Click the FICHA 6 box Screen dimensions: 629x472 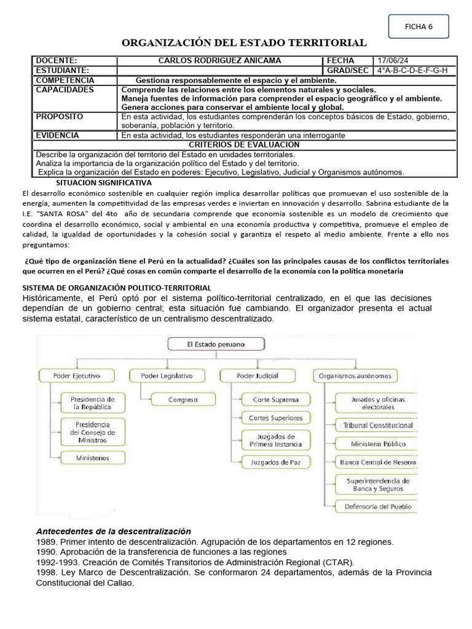(x=419, y=26)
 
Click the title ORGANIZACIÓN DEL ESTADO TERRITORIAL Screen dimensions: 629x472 (x=244, y=42)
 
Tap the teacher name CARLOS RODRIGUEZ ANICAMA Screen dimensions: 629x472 (x=219, y=61)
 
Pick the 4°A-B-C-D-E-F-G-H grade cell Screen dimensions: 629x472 (x=412, y=71)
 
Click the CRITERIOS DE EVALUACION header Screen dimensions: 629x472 (x=244, y=144)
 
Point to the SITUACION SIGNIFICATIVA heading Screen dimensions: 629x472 (x=103, y=183)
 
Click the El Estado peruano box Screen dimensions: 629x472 (x=216, y=345)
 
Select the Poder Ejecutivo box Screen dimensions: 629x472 (x=77, y=375)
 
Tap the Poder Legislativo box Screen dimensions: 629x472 (x=167, y=375)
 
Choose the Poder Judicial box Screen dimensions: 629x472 (x=258, y=375)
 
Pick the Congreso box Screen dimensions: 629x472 (x=183, y=400)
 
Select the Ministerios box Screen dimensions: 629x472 (x=93, y=458)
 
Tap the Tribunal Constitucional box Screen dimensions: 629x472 (x=378, y=425)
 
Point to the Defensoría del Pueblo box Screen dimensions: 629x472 (x=378, y=507)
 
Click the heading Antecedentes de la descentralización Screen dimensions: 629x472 (x=114, y=531)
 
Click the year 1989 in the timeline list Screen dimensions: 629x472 (x=47, y=542)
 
